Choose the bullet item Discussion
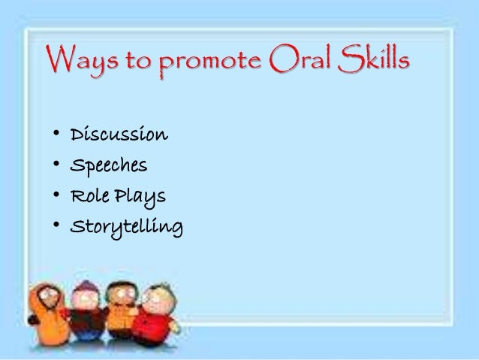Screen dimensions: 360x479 click(x=119, y=136)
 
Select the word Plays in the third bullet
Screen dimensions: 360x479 click(x=140, y=198)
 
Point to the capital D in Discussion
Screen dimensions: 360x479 click(x=77, y=136)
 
